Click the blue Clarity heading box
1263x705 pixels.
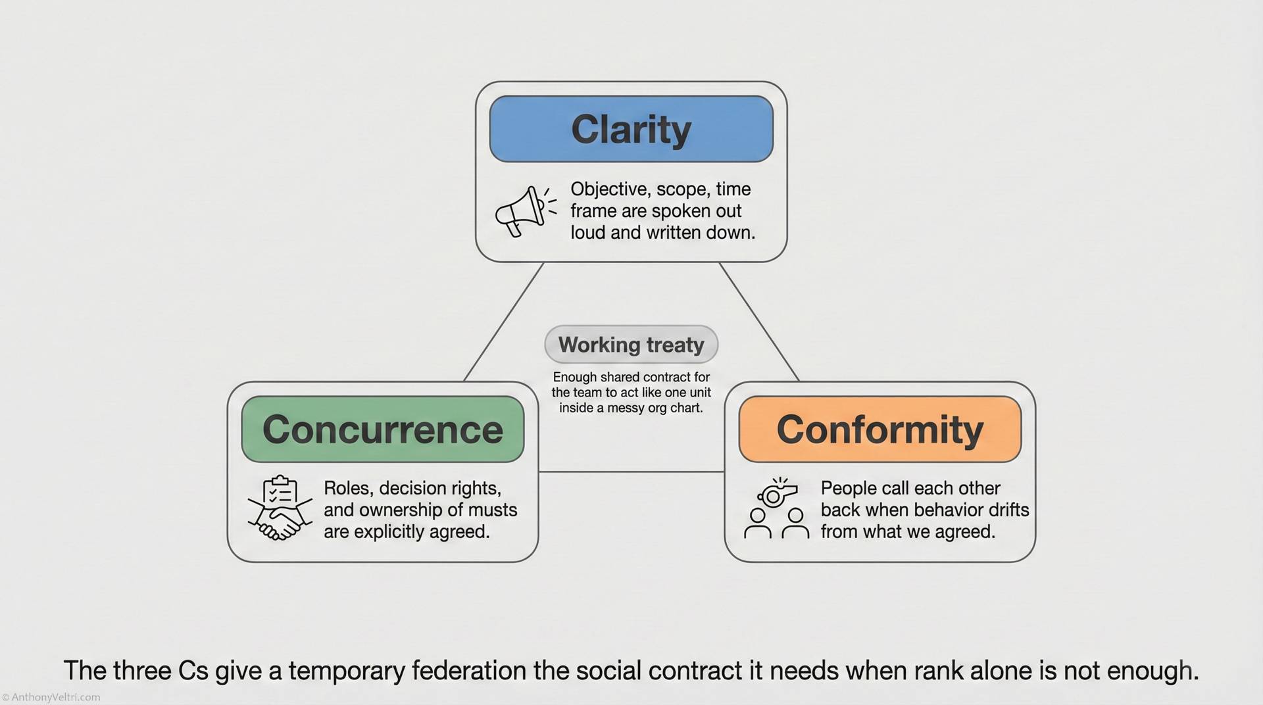click(631, 129)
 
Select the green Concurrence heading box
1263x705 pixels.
click(382, 429)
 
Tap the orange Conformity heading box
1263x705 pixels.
click(879, 429)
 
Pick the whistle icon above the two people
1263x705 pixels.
click(777, 493)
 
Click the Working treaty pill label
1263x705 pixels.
click(631, 345)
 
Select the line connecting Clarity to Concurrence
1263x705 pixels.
click(503, 322)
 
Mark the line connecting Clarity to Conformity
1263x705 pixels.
click(759, 322)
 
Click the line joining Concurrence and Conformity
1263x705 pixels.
click(631, 472)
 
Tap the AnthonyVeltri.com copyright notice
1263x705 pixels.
click(51, 697)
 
